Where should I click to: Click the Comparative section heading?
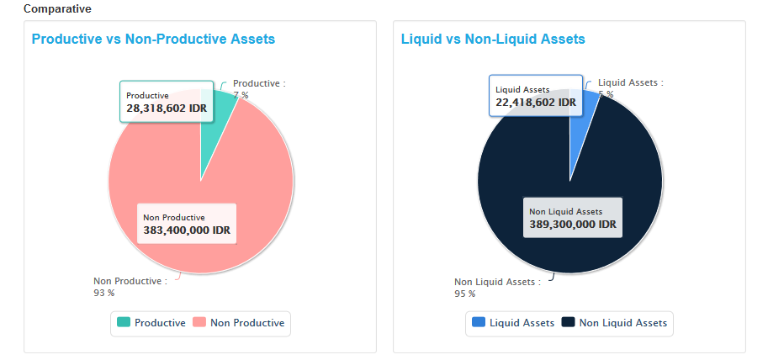57,8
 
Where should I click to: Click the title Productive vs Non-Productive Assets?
153,39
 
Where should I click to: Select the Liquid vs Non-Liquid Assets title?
493,39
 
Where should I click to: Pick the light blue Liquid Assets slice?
585,126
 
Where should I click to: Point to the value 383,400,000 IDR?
187,230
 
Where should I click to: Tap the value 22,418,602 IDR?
534,103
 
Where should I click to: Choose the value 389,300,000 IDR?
573,225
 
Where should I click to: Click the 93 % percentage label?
103,294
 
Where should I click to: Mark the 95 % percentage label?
464,294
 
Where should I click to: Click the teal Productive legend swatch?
124,322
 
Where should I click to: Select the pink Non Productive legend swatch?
199,322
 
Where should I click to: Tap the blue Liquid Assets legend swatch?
479,322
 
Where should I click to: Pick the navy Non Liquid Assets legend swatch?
569,322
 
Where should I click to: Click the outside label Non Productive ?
130,281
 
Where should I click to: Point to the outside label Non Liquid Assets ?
497,282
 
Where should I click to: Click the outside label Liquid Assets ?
630,83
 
